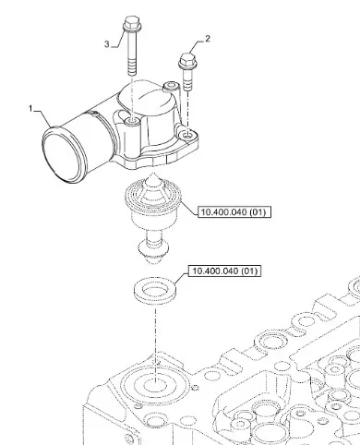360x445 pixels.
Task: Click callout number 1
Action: [x=30, y=108]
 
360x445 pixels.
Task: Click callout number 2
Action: [x=208, y=39]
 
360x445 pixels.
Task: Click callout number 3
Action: [x=106, y=44]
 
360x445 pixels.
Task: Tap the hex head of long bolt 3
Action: [x=132, y=23]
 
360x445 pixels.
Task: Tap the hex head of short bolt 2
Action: [x=187, y=60]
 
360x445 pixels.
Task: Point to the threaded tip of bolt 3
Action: [x=132, y=69]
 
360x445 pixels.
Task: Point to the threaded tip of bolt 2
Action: [x=187, y=85]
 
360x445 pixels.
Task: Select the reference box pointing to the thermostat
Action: [x=234, y=211]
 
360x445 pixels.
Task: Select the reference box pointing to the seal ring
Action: [x=224, y=271]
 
